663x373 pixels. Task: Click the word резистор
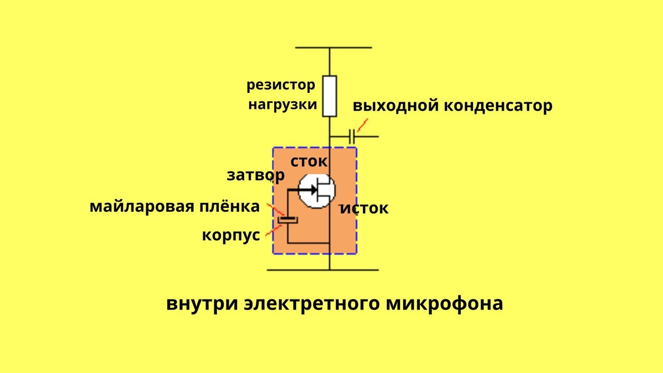pos(281,86)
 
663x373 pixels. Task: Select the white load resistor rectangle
pos(329,96)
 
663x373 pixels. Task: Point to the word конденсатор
pos(498,106)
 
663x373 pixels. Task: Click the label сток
pos(309,161)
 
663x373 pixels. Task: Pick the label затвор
pos(255,175)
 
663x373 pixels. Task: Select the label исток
pos(364,208)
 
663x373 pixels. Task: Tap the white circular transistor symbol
pos(316,191)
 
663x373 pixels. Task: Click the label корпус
pos(230,235)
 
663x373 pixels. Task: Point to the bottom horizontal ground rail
pos(323,270)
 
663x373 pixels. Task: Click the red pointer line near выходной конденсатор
pos(362,125)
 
